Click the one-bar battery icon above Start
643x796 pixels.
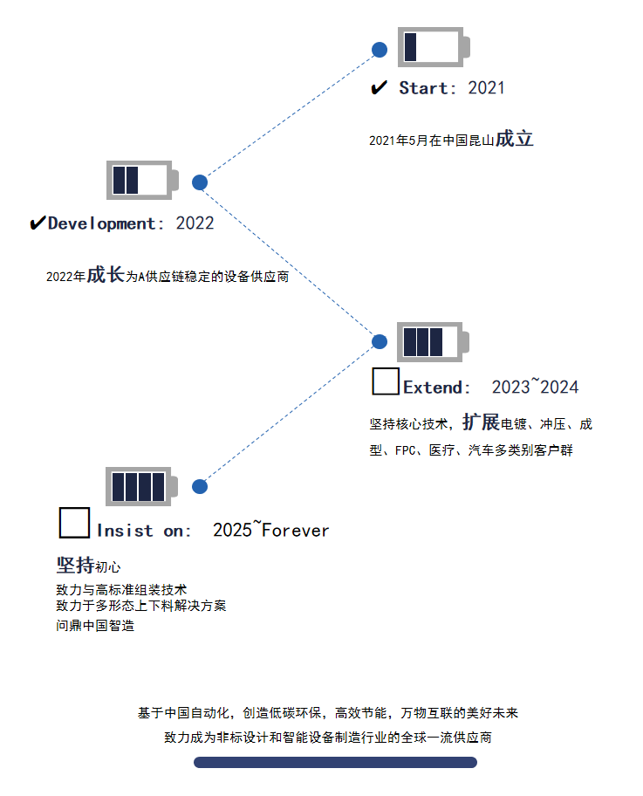coord(433,47)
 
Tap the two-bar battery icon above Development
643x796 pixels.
coord(141,181)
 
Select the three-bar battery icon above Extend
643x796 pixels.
coord(432,341)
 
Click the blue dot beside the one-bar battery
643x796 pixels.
coord(380,50)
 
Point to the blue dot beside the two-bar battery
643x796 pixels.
coord(200,182)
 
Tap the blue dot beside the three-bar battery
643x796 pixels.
coord(380,341)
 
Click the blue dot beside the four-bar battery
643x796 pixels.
coord(200,486)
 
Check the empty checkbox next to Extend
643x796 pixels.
coord(386,382)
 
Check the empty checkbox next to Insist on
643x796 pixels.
coord(74,523)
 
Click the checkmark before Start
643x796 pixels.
coord(380,88)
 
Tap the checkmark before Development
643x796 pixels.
coord(38,223)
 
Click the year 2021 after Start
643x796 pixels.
coord(486,88)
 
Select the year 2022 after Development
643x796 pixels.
coord(195,223)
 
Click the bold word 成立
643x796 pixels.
coord(514,139)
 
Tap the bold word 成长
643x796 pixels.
coord(105,275)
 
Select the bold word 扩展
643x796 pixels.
coord(481,422)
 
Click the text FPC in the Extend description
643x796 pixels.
coord(405,451)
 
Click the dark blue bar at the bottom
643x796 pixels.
coord(335,762)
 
